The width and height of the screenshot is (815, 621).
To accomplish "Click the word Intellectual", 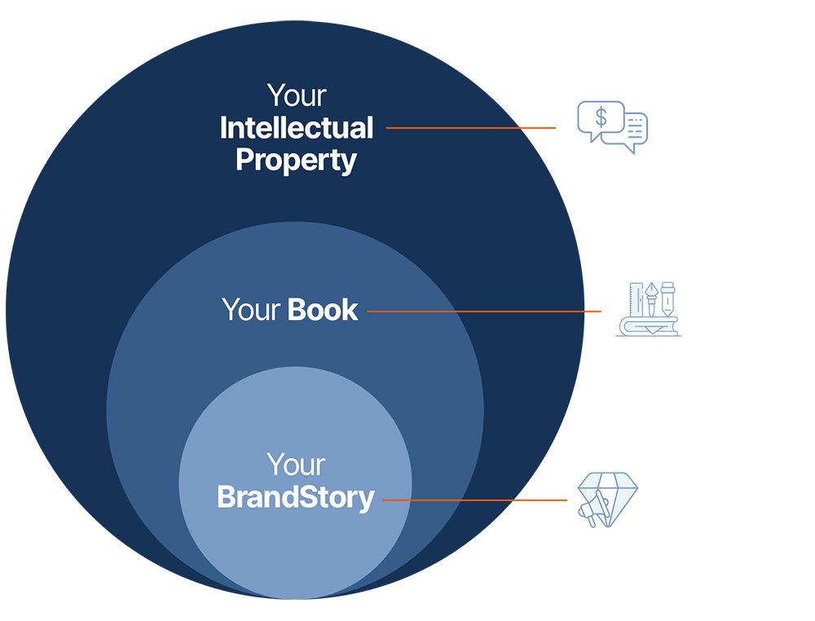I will [297, 128].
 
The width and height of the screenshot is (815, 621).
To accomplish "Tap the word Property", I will [296, 160].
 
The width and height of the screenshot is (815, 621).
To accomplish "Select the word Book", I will [323, 310].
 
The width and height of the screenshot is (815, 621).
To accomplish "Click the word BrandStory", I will [295, 497].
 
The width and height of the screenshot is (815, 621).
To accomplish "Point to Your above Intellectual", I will [296, 95].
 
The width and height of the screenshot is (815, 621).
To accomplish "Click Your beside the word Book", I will [251, 310].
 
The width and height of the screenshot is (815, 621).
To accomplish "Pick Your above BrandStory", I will [296, 465].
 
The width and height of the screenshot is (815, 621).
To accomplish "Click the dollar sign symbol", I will [601, 117].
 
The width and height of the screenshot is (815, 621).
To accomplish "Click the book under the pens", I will [647, 327].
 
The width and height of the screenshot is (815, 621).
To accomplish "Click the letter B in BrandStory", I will [226, 497].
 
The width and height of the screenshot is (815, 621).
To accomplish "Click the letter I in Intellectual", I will [223, 128].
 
